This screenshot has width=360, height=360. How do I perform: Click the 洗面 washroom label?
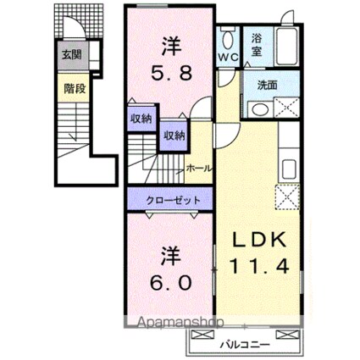point(267,85)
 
